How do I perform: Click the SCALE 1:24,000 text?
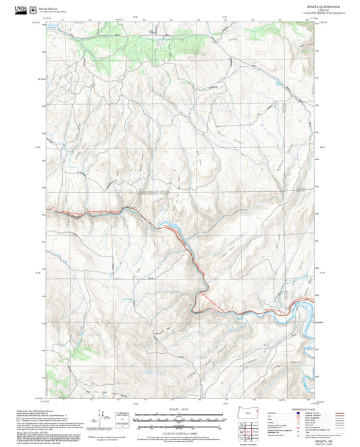pyautogui.click(x=180, y=409)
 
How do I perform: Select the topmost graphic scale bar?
pyautogui.click(x=180, y=415)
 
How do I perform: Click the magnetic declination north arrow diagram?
pyautogui.click(x=103, y=419)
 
